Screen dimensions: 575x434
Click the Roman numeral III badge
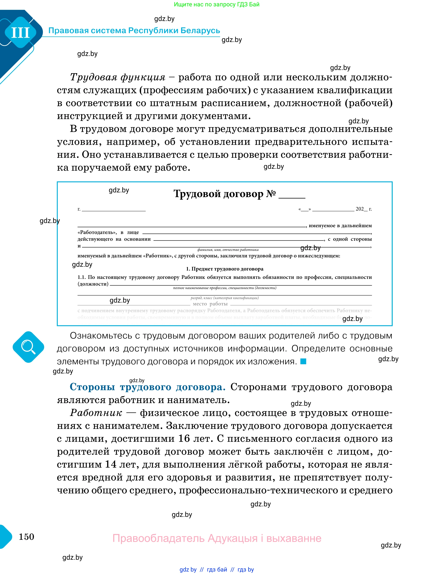point(21,33)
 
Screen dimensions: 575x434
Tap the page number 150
point(26,537)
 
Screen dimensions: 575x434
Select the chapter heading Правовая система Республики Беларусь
point(134,30)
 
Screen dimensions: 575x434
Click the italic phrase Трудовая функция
point(117,77)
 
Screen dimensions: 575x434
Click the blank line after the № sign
point(292,197)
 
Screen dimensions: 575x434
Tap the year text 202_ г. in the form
point(363,209)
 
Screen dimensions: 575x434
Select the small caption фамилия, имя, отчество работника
point(228,250)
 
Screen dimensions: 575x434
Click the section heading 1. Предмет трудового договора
point(224,269)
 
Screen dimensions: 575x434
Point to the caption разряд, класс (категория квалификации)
point(224,298)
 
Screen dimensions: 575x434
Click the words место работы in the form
point(210,304)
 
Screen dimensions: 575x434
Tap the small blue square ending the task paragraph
point(303,361)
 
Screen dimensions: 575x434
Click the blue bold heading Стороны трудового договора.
point(147,387)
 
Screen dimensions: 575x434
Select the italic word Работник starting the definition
point(96,413)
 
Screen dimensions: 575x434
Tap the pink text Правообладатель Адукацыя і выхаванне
point(217,538)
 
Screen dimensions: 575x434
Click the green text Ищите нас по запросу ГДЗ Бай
point(217,4)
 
